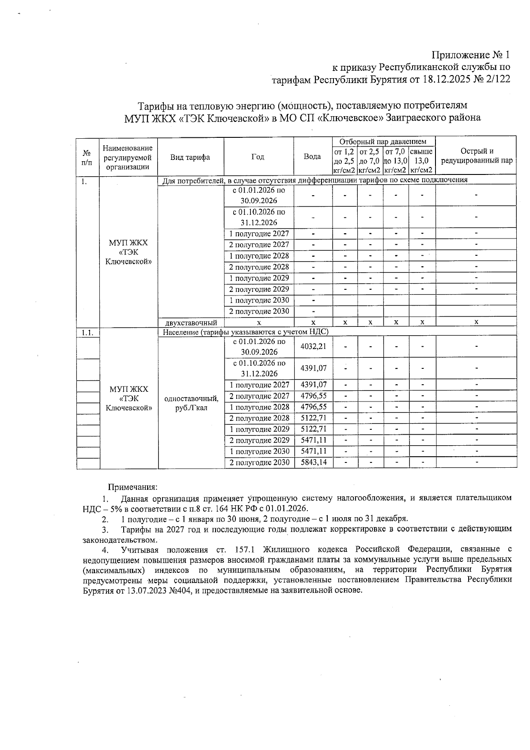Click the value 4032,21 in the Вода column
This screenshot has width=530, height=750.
(313, 346)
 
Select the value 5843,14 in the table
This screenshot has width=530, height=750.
(313, 462)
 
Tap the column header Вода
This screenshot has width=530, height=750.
(312, 157)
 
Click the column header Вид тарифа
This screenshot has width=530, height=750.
(190, 157)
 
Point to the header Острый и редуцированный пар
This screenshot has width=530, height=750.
(476, 156)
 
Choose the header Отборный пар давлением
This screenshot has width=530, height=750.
(383, 141)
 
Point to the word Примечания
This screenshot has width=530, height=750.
(132, 487)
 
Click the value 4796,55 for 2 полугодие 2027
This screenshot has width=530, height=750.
(313, 396)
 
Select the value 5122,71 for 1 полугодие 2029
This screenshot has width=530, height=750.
(313, 429)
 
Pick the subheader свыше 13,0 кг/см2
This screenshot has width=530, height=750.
(422, 161)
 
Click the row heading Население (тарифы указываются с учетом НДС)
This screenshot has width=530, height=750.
(246, 332)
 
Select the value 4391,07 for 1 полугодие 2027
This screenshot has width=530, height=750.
(313, 385)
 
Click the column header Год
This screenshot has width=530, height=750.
(258, 157)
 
